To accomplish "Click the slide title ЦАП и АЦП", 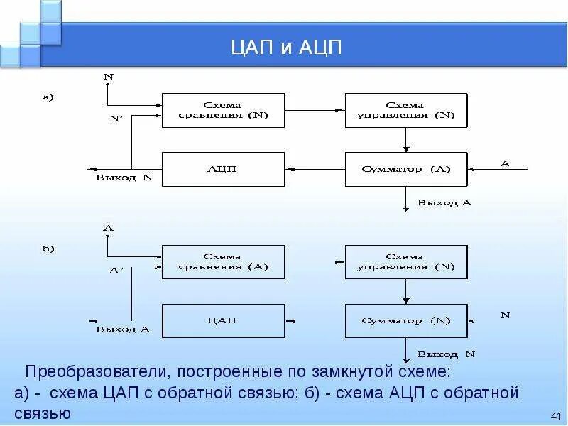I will (x=287, y=48).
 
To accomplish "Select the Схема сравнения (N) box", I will (x=223, y=110).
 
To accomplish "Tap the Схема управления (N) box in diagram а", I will (x=405, y=110).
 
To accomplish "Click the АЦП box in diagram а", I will (x=223, y=169).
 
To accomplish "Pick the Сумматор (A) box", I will (x=405, y=169).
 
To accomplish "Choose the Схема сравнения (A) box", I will (x=223, y=262).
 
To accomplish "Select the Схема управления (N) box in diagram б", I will (x=405, y=262).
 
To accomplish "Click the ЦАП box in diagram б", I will (x=223, y=321).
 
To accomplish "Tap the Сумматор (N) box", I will (x=405, y=321).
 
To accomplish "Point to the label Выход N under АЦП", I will (x=124, y=178).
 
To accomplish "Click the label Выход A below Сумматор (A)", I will (x=444, y=202).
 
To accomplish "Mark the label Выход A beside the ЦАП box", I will (x=123, y=329).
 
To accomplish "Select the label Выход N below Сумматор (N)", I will (x=445, y=354).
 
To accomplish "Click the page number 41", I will (x=556, y=415).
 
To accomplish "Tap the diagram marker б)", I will (x=48, y=249).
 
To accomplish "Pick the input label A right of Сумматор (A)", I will (x=505, y=163).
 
